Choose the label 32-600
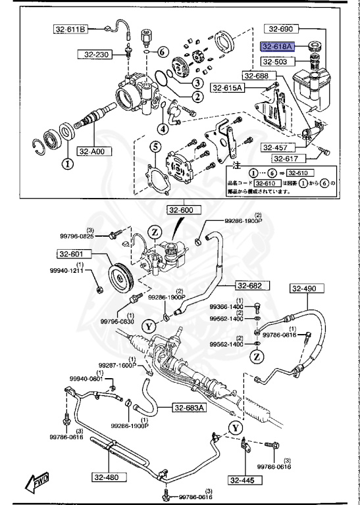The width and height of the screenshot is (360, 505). click(182, 210)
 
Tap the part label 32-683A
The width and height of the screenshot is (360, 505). click(190, 408)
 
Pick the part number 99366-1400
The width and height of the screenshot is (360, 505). click(226, 307)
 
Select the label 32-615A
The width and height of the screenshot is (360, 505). click(227, 87)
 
